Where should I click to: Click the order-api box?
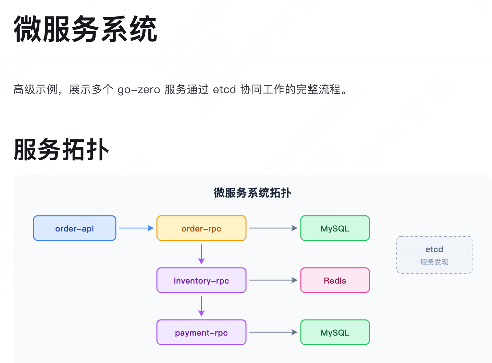[75, 228]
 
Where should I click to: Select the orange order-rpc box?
[201, 228]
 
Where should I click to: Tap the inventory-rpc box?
[201, 280]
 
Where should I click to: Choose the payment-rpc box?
[201, 332]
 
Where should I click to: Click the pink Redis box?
[335, 280]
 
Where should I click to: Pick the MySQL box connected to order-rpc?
[335, 228]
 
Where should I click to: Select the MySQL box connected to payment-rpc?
[335, 332]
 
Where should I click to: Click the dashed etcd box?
[434, 254]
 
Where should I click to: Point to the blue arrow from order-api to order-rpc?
[136, 228]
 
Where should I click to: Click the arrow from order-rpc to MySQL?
[273, 228]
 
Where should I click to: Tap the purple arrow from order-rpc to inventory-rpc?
[201, 254]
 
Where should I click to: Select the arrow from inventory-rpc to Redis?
[273, 280]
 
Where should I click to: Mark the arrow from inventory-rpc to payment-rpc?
[201, 306]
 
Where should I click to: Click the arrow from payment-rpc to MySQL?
[273, 332]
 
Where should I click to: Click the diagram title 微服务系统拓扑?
[253, 192]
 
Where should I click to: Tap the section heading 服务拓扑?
[61, 149]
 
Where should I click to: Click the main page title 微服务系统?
[85, 29]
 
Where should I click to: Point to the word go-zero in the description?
[139, 90]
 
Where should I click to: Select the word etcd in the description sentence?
[224, 89]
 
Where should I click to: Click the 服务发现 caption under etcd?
[434, 262]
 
